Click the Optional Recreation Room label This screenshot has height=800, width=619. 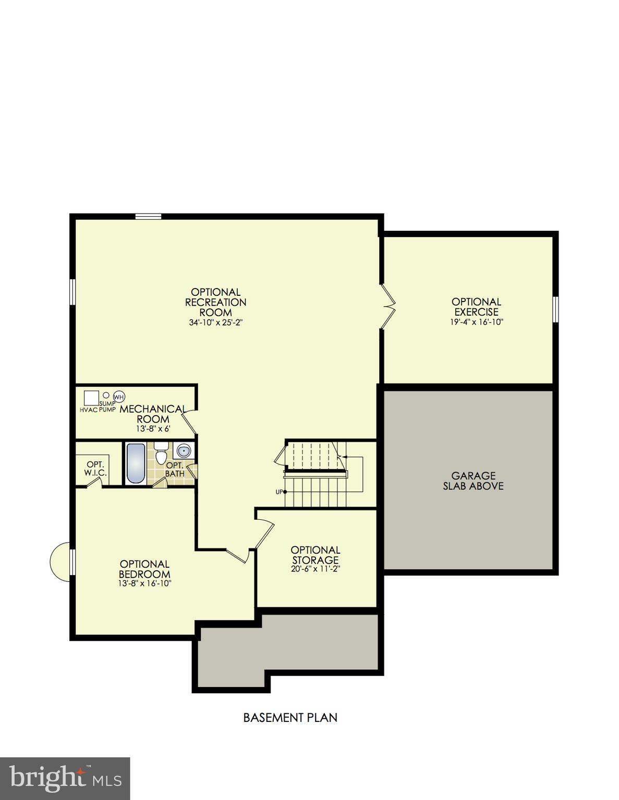coord(216,302)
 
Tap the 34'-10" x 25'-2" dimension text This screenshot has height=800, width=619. coord(216,322)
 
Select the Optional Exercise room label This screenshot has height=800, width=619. coord(476,307)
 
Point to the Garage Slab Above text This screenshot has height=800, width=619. coord(473,481)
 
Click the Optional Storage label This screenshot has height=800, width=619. coord(315,555)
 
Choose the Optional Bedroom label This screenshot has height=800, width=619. coord(144,569)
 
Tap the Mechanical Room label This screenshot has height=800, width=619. coord(153,414)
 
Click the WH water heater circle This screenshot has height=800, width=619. coord(119,397)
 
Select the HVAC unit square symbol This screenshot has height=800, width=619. coord(92,398)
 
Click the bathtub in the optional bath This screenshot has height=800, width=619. coord(136,463)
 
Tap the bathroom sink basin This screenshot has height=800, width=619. coord(183,451)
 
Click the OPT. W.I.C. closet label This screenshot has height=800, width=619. coord(95,468)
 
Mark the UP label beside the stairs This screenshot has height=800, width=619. coord(279,492)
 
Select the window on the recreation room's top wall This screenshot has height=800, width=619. coord(148,217)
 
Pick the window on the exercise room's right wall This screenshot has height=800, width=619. coord(555,309)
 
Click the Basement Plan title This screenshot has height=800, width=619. coord(290,718)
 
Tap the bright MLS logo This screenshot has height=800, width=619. coord(65,778)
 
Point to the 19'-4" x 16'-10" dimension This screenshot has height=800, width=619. coord(476,322)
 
